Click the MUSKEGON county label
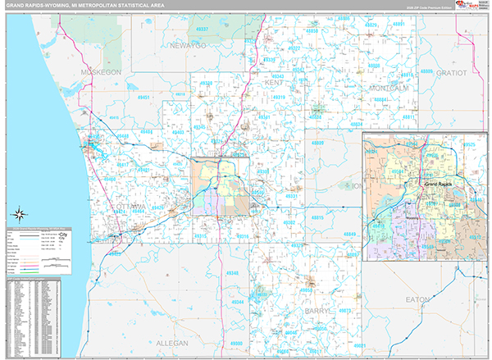click(x=101, y=72)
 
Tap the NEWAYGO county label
click(x=188, y=46)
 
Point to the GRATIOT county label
click(x=452, y=72)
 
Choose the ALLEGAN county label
click(x=170, y=342)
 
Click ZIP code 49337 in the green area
click(x=203, y=29)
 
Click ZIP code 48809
click(x=318, y=144)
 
